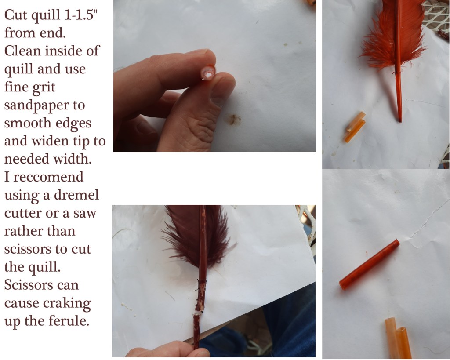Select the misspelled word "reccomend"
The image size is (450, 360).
[48, 177]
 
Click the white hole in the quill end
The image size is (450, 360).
[209, 75]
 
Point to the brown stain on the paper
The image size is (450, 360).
[233, 120]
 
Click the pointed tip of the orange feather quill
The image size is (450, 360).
[400, 120]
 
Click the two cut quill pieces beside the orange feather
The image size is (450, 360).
[355, 127]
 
